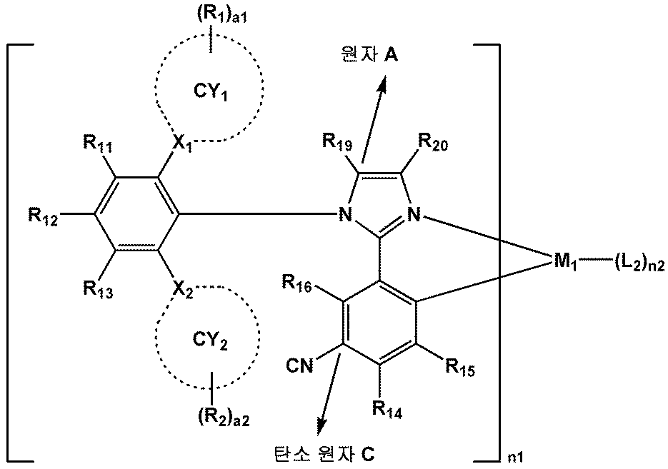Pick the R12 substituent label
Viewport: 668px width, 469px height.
(44, 213)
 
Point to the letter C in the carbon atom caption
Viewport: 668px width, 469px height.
(369, 453)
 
